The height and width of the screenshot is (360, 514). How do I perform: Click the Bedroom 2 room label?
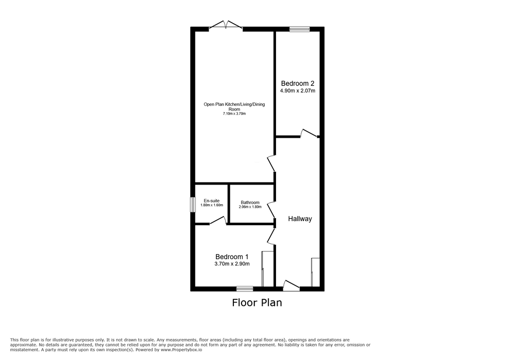click(298, 84)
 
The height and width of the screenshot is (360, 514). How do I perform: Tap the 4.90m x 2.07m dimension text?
click(298, 91)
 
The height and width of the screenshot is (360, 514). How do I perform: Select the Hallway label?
click(300, 219)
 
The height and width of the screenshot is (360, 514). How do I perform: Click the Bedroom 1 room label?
click(232, 257)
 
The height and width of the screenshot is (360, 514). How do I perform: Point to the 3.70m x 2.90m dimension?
click(232, 264)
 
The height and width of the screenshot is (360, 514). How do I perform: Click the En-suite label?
click(212, 201)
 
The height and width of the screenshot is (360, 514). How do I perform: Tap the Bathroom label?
click(250, 203)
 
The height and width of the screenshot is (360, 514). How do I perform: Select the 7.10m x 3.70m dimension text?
click(234, 114)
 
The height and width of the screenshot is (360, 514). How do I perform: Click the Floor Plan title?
click(257, 302)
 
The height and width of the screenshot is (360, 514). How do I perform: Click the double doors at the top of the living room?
click(226, 26)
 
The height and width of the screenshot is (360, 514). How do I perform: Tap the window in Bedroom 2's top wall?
click(300, 29)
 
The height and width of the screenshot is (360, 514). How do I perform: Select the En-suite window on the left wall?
click(193, 205)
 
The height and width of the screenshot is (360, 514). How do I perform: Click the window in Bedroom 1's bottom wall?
click(245, 289)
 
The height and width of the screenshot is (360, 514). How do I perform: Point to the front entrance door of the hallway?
click(291, 285)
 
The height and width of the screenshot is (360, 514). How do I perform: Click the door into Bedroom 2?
click(309, 133)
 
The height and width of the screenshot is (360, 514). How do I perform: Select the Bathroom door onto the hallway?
click(271, 210)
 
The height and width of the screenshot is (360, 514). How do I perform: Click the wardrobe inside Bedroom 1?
click(267, 269)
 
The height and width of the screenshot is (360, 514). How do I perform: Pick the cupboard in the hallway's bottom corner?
click(316, 272)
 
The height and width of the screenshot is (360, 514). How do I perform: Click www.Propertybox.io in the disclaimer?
click(181, 350)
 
